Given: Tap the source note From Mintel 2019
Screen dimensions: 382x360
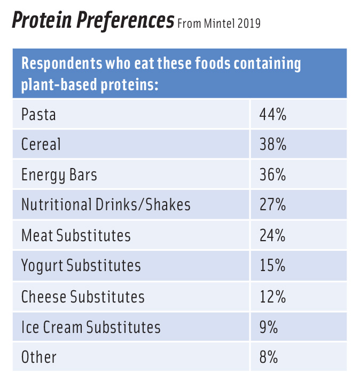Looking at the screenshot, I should tap(218, 24).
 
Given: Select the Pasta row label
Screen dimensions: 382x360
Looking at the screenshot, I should tap(38, 114).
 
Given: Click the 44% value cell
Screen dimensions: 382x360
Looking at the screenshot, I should tap(273, 114).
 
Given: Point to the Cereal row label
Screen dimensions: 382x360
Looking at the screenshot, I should tap(41, 145).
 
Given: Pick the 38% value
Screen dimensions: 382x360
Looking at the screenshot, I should tap(273, 145).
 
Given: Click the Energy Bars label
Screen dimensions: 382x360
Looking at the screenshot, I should tap(59, 175).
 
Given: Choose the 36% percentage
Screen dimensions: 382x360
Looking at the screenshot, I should tap(273, 175).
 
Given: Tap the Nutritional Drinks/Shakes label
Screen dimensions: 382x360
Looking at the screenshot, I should tap(106, 205).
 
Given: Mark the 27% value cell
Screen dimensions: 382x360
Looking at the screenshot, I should tap(273, 205).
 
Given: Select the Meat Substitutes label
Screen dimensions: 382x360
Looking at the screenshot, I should tap(76, 235).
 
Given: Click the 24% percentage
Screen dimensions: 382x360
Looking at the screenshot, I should tap(273, 235).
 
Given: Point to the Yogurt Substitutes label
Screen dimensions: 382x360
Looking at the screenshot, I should tap(81, 266).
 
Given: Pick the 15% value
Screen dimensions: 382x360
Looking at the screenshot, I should tap(273, 266).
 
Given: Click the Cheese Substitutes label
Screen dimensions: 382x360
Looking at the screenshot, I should tap(83, 297).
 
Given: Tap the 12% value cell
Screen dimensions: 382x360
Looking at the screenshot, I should tap(273, 297).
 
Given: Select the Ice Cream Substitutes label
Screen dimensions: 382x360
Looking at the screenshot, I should tap(91, 327).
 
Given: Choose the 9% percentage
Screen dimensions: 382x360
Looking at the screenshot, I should tap(269, 327).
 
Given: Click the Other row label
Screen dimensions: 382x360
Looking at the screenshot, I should tap(38, 357).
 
